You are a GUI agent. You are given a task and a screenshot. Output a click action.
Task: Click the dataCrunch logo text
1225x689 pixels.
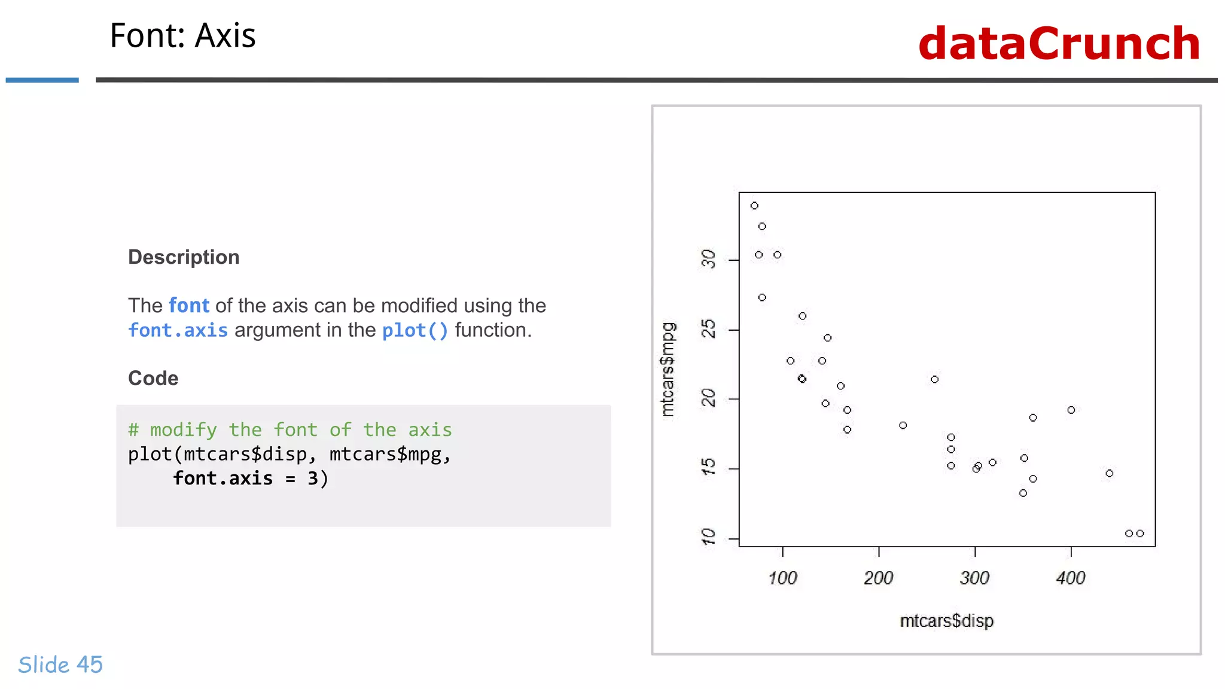pos(1059,44)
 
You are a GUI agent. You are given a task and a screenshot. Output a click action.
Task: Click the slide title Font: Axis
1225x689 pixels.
pos(182,36)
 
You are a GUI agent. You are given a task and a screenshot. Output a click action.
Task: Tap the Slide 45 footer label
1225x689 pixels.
pos(60,664)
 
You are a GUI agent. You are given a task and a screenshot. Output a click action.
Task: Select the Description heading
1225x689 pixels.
pos(184,257)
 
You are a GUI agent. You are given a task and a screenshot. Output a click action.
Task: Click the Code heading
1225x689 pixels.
pos(153,378)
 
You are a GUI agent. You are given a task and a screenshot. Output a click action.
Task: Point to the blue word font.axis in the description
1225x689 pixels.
pos(178,330)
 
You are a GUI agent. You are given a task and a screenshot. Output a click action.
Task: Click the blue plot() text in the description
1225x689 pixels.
pos(415,330)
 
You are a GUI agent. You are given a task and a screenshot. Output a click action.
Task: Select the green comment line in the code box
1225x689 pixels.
pos(290,429)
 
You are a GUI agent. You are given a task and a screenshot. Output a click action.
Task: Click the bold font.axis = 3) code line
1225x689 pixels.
pos(251,478)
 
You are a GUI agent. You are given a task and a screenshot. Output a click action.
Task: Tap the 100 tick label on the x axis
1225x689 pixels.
pos(782,578)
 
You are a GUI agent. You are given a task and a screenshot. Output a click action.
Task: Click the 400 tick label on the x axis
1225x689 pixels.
pos(1071,578)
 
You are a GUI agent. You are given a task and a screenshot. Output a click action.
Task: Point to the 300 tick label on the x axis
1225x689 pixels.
pos(974,578)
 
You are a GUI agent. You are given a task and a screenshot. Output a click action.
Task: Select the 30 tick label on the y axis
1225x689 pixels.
pos(708,260)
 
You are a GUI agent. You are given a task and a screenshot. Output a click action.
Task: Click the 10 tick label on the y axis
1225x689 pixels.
pos(708,536)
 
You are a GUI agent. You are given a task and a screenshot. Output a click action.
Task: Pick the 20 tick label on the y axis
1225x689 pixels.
pos(708,398)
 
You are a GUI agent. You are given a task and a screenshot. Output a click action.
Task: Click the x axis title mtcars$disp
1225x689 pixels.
pos(946,621)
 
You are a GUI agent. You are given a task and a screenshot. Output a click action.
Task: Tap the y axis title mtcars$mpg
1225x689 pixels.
pos(668,369)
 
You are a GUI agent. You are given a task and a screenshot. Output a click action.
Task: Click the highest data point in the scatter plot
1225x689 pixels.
pos(754,206)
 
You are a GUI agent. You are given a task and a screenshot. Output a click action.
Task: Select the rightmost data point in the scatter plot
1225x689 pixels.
pos(1140,533)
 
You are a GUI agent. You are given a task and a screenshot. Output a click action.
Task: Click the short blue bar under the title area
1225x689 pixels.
pos(42,80)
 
